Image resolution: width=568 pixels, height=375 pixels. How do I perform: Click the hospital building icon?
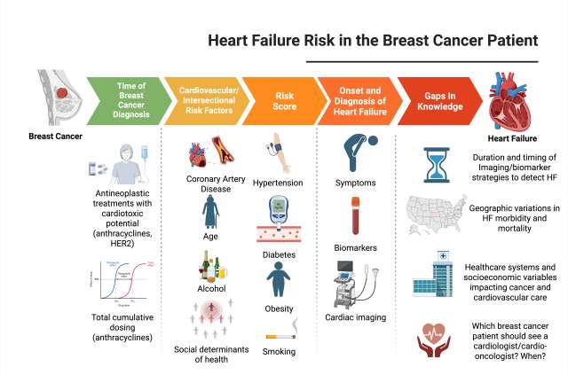pyautogui.click(x=435, y=277)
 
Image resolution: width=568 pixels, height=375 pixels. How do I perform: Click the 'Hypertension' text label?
pyautogui.click(x=277, y=184)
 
